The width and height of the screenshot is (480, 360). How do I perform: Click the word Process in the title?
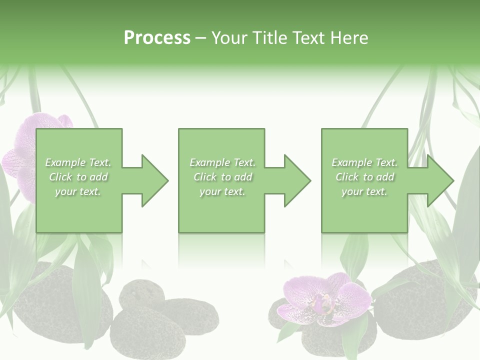click(x=157, y=38)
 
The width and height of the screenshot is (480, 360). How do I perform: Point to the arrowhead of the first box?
click(x=154, y=180)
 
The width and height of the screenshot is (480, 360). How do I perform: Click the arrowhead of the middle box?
click(x=297, y=180)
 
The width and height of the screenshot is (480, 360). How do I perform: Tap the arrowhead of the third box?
click(x=440, y=180)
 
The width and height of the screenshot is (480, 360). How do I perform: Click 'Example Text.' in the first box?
click(x=78, y=162)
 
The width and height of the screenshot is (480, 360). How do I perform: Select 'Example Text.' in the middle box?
click(x=222, y=162)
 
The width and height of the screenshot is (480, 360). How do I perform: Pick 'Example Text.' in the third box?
click(x=364, y=162)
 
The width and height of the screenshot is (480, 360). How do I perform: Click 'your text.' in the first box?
click(x=78, y=191)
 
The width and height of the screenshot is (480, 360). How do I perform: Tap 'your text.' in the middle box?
click(x=222, y=191)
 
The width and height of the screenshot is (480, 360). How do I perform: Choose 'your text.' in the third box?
click(x=364, y=191)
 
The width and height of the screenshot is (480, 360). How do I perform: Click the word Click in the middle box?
click(x=205, y=177)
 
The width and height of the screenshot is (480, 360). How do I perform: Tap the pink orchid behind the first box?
click(x=25, y=150)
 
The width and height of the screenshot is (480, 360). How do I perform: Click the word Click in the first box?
click(x=61, y=177)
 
